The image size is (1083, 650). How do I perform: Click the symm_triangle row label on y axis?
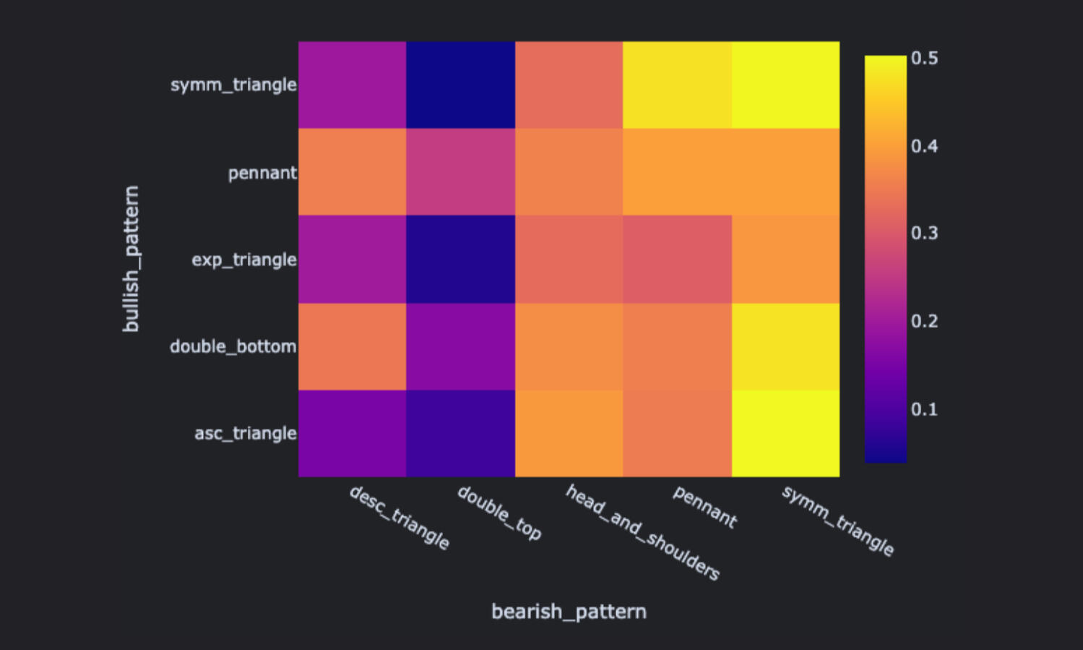233,85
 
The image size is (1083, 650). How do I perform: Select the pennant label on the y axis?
262,173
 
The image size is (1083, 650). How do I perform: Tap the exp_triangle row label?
243,260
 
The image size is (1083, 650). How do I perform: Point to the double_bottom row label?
233,346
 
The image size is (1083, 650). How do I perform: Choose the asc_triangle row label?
245,433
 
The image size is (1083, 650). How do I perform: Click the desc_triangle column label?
399,518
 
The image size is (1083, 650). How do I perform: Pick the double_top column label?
499,513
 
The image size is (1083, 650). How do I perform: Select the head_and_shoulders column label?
642,533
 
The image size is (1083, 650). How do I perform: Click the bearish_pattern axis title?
569,612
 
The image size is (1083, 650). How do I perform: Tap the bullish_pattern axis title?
131,259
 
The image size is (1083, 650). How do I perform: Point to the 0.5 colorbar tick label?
924,58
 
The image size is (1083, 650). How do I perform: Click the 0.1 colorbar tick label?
924,409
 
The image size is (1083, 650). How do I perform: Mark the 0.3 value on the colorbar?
924,233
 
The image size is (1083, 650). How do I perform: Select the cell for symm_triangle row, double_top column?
460,85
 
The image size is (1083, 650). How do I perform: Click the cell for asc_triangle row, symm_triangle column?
785,433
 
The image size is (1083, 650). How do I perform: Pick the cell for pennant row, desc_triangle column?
352,172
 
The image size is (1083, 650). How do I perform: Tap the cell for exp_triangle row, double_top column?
460,259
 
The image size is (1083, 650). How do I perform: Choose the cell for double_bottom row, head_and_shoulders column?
569,346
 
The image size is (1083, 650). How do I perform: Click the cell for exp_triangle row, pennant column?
677,259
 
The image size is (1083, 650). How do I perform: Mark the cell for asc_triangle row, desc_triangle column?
352,433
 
